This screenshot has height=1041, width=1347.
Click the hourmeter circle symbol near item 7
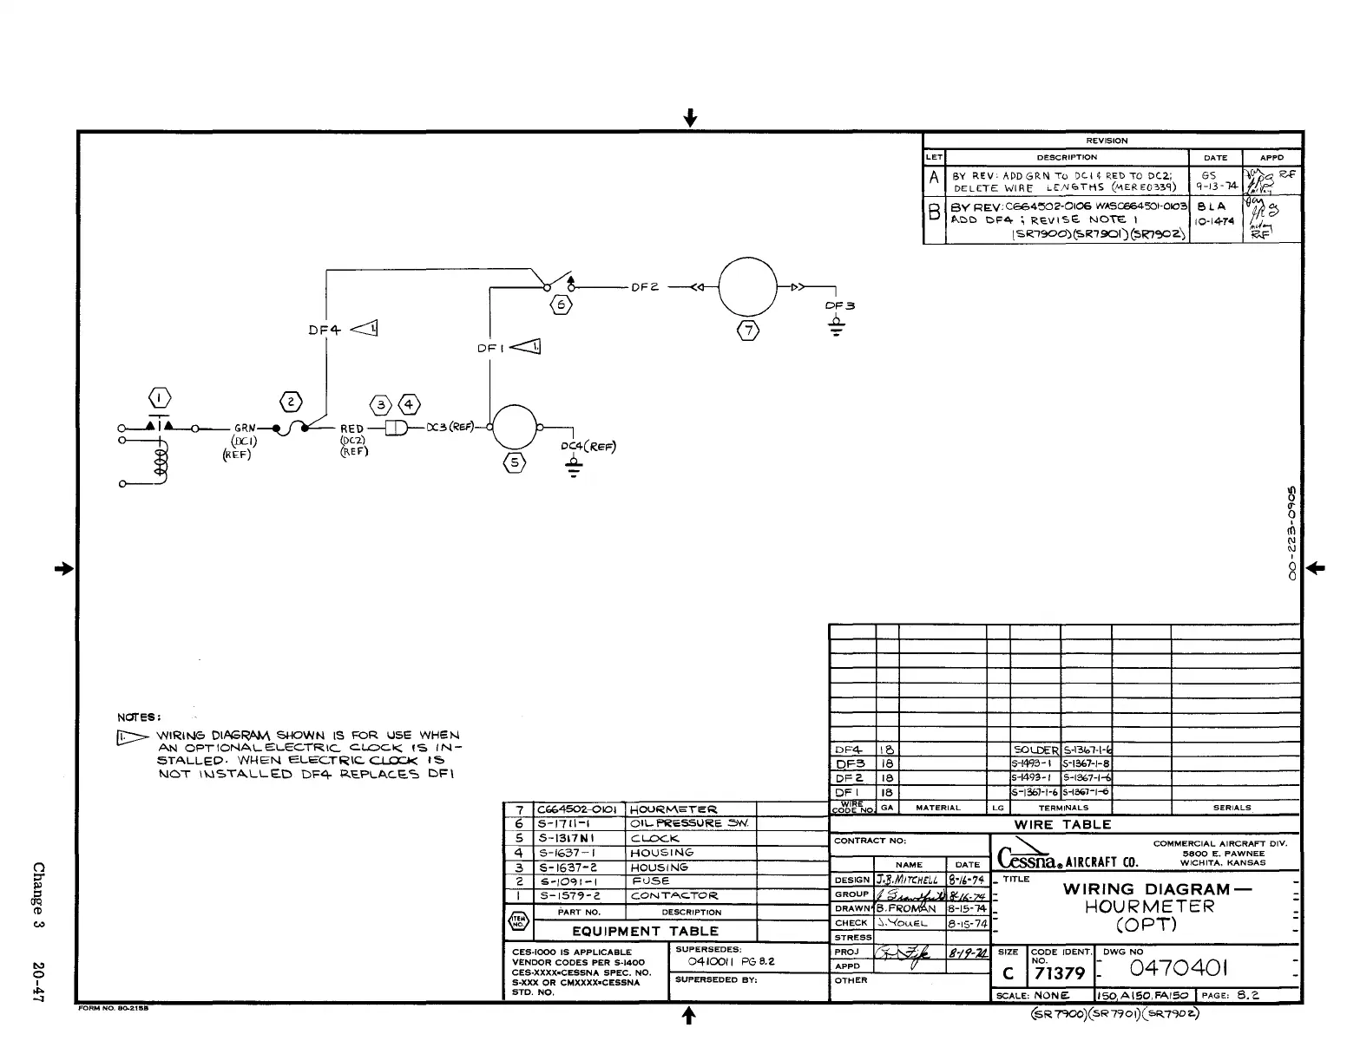point(747,290)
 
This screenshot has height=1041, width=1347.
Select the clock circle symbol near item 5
point(516,428)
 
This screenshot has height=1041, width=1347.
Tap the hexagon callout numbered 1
point(161,399)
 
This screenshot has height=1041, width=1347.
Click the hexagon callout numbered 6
point(562,305)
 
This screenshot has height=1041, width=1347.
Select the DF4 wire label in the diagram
point(325,330)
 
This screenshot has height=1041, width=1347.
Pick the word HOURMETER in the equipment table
point(673,809)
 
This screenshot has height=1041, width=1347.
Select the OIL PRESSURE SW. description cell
point(690,823)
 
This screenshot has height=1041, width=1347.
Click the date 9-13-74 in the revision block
point(1215,187)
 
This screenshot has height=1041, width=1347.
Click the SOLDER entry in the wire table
point(1036,750)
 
